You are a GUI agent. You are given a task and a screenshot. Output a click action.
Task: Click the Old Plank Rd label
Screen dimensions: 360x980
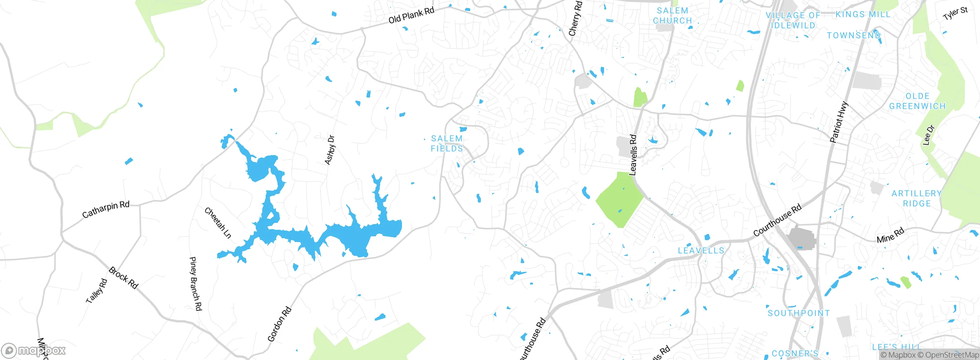[x=411, y=15]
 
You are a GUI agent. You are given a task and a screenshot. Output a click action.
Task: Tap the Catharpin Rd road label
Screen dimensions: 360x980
[x=106, y=209]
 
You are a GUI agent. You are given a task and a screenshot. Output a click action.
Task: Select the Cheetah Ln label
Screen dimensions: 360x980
[x=218, y=223]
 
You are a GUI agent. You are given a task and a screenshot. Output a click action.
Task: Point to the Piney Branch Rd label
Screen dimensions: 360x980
[x=196, y=284]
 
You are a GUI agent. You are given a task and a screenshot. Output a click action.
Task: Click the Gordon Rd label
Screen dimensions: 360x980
[x=279, y=324]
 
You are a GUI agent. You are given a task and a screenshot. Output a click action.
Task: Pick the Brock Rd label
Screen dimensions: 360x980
[x=123, y=278]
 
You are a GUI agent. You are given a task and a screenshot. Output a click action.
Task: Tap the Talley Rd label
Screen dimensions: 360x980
[x=96, y=291]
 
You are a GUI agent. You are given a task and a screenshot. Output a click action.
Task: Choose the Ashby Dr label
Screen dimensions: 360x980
[x=330, y=150]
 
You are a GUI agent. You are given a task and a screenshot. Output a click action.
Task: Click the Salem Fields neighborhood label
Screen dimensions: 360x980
[x=447, y=144]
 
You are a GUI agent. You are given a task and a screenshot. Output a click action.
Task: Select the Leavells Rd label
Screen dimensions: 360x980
[x=633, y=155]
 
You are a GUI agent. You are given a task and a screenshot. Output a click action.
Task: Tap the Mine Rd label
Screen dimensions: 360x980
[x=890, y=235]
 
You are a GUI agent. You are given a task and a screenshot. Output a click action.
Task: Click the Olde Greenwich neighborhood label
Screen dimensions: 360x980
[x=917, y=101]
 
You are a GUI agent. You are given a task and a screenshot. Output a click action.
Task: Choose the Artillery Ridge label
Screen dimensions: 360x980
[x=916, y=198]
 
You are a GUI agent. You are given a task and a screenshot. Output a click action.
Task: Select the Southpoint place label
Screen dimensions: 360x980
[x=799, y=313]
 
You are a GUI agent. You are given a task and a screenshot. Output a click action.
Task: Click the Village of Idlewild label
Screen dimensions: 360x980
[x=793, y=20]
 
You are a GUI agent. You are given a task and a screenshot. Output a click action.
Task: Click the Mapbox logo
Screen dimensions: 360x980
[x=34, y=350]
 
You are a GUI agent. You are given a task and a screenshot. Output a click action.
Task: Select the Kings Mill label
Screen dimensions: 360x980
[x=863, y=15]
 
